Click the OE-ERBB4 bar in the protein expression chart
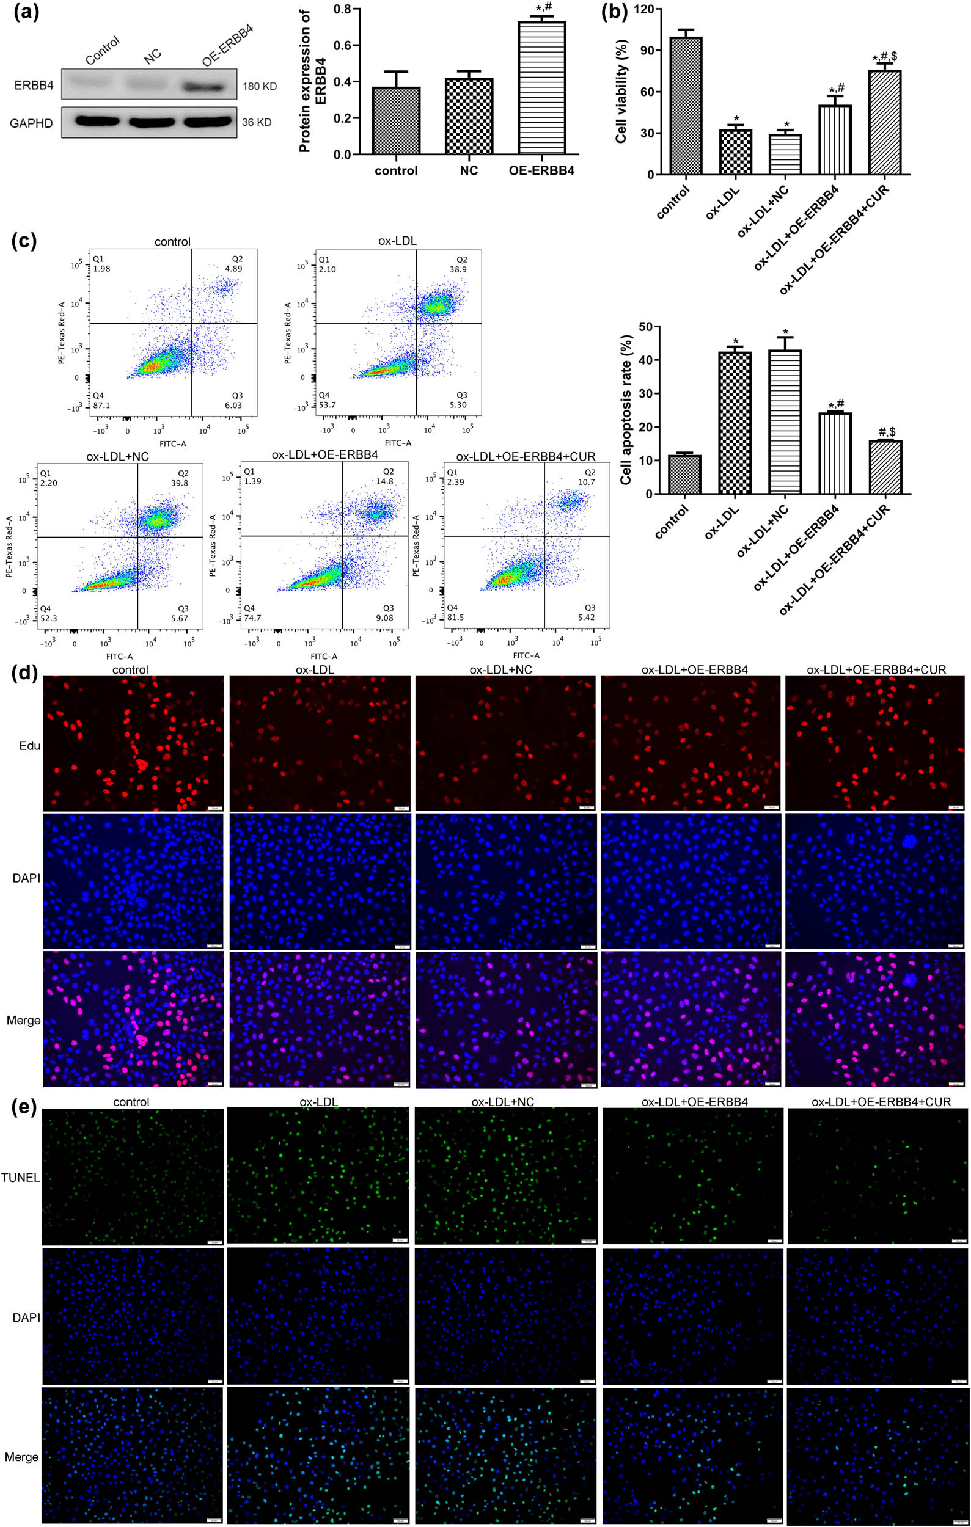(x=541, y=89)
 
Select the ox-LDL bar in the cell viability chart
(x=735, y=152)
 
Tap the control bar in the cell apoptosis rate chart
(x=684, y=475)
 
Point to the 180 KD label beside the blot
(x=259, y=86)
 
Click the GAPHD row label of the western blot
(x=31, y=123)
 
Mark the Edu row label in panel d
(x=30, y=746)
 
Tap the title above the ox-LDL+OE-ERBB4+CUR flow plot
(x=526, y=457)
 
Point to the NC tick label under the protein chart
(x=469, y=170)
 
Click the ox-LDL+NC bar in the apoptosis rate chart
(x=785, y=421)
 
